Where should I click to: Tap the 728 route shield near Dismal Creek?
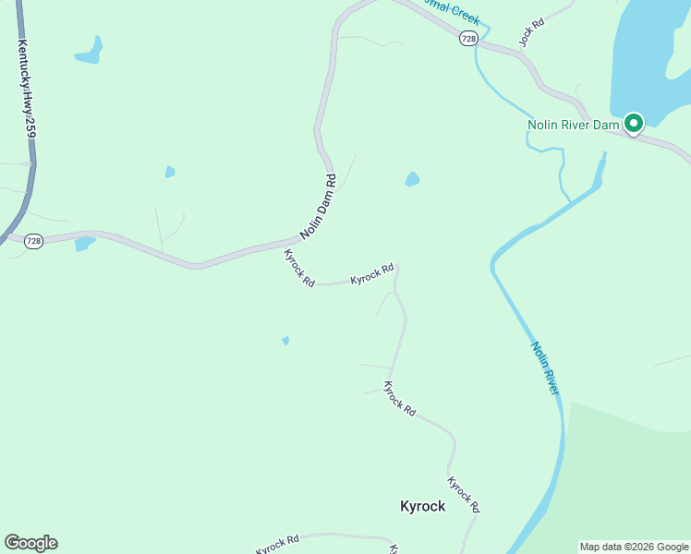point(469,38)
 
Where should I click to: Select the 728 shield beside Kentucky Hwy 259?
point(33,241)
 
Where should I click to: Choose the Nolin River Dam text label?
point(572,125)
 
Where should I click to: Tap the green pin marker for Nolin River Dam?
point(633,123)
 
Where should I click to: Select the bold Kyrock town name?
point(422,506)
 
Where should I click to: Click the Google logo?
point(30,543)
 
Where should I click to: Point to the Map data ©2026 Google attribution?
point(635,547)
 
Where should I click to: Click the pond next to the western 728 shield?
point(85,244)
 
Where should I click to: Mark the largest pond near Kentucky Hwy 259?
point(89,51)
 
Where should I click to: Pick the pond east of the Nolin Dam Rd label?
point(412,179)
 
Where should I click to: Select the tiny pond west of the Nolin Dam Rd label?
point(170,172)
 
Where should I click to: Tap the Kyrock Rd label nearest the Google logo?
point(278,544)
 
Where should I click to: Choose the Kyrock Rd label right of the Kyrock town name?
point(464,494)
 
